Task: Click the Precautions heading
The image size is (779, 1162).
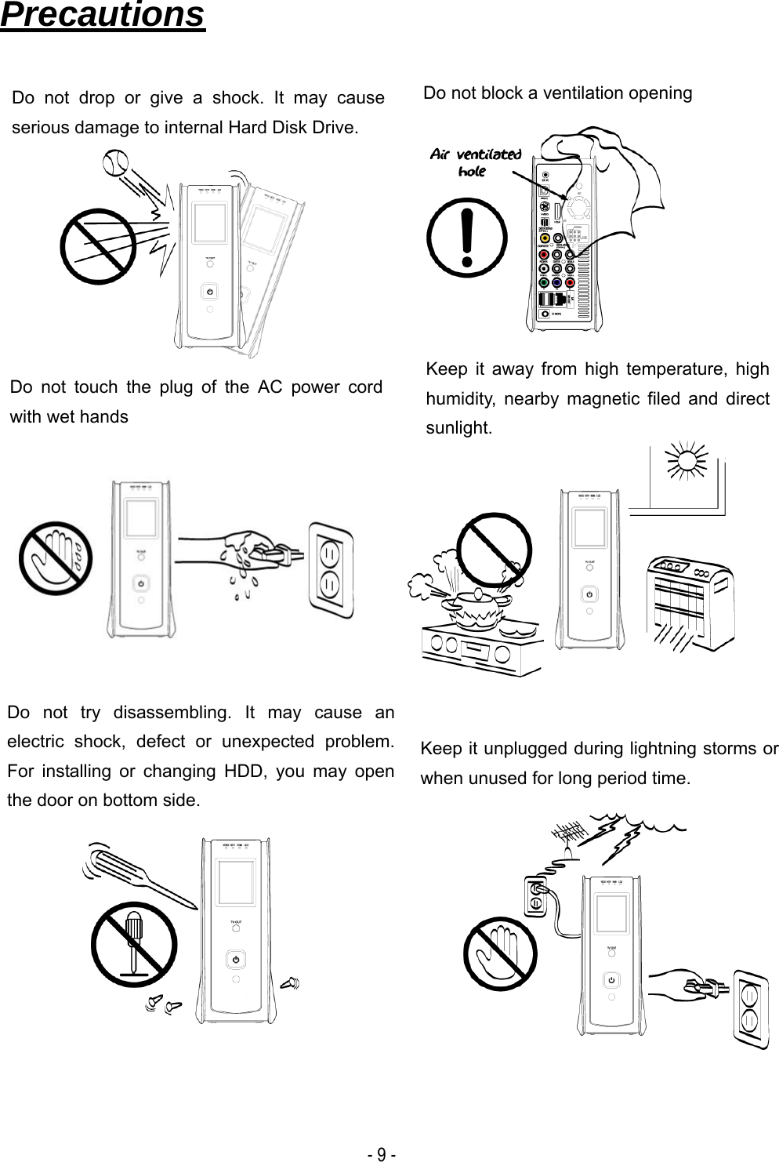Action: (103, 16)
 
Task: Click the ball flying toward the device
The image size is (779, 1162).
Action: (116, 163)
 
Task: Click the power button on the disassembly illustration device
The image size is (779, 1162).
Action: (236, 960)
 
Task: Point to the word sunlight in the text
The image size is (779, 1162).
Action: (459, 428)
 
